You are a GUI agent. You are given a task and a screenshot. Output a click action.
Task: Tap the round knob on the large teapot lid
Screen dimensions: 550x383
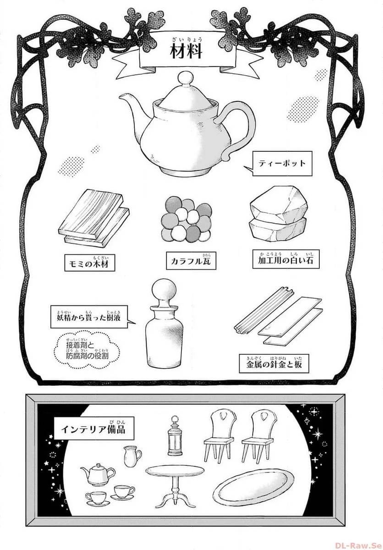[187, 79]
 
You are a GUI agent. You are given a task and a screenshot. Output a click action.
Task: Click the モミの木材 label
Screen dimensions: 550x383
[89, 264]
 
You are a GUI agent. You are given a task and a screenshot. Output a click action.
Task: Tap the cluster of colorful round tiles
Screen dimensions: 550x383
[187, 218]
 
